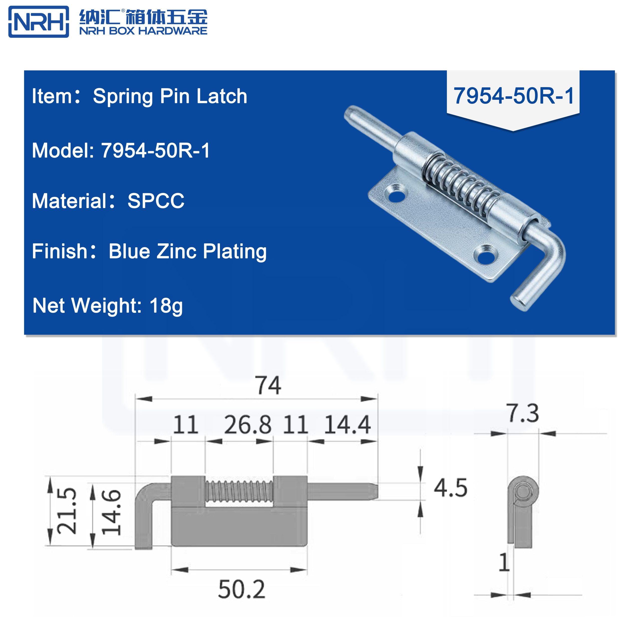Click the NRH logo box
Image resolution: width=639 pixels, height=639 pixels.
pos(39,21)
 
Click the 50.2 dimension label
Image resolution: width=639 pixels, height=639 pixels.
pos(241,589)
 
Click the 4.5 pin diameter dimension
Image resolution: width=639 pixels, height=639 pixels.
pos(451,488)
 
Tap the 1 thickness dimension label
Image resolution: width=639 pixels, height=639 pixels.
pos(504,562)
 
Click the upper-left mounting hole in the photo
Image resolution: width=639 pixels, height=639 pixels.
pos(396,195)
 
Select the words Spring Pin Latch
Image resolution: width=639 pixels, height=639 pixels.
pos(170,96)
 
